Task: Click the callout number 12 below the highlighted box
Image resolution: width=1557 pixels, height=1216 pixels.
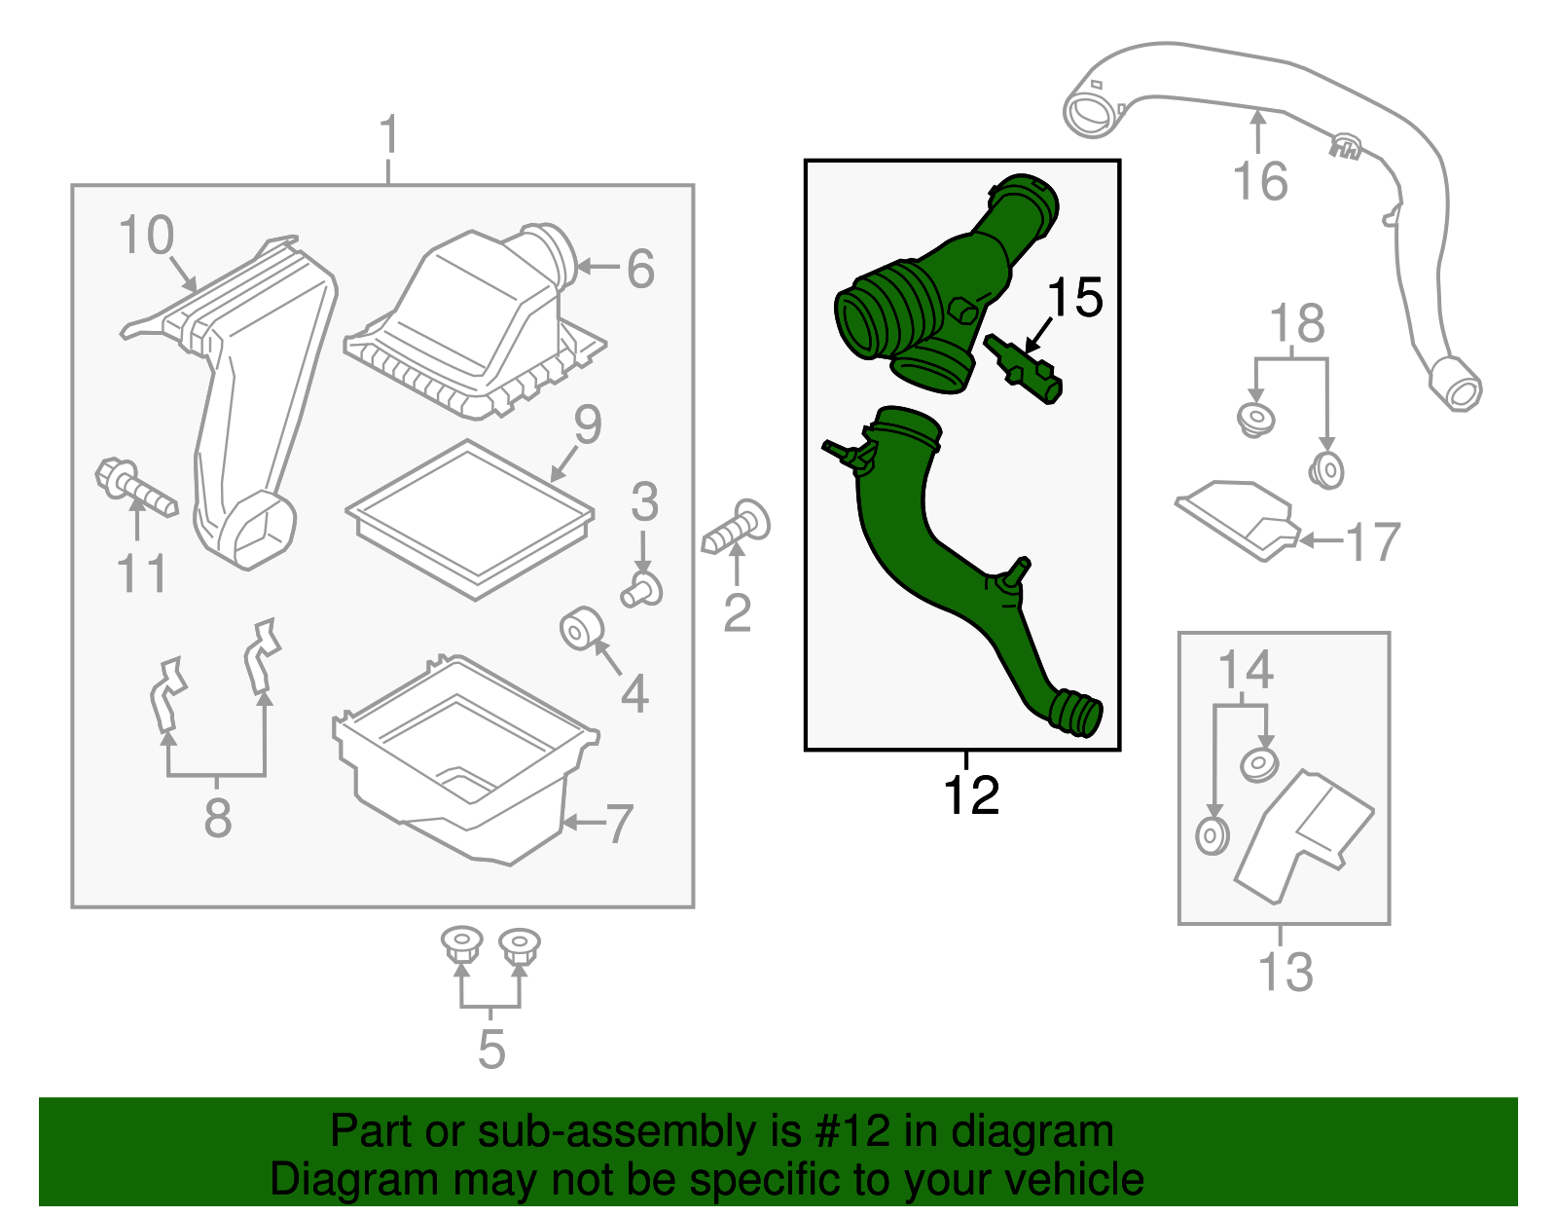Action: coord(971,794)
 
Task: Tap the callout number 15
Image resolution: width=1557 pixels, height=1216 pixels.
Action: coord(1074,297)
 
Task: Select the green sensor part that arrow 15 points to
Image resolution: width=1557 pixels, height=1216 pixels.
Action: coord(1023,368)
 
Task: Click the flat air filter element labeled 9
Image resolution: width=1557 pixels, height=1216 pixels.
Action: coord(470,520)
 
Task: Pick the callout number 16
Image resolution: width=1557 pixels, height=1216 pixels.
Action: coord(1260,180)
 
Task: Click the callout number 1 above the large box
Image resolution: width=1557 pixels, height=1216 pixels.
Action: coord(388,133)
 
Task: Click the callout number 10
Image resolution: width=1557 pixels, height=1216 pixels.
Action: coord(146,235)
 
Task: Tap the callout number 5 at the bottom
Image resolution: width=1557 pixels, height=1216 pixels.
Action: coord(491,1050)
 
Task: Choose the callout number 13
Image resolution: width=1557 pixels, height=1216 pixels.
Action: coord(1285,972)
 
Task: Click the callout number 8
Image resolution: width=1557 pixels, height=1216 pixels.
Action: coord(218,818)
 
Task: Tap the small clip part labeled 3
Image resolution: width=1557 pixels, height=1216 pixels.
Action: coord(641,590)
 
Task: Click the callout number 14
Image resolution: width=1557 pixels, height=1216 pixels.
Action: coord(1246,669)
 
